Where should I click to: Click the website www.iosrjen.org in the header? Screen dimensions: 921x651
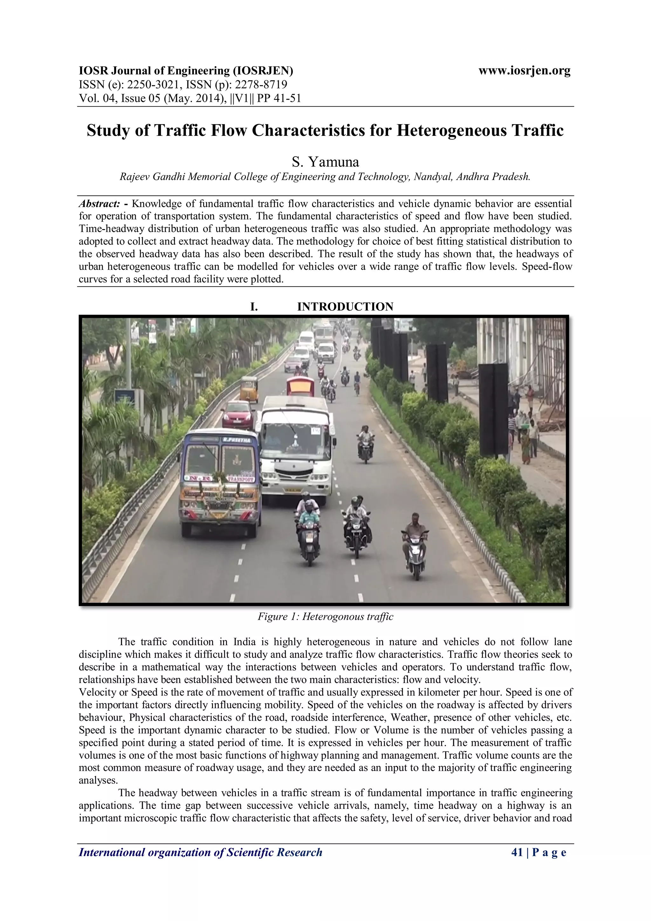click(524, 71)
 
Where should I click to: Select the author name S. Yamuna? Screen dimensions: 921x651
click(325, 162)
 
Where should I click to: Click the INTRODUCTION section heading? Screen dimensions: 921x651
click(345, 306)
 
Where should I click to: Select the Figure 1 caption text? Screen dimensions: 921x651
click(325, 617)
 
